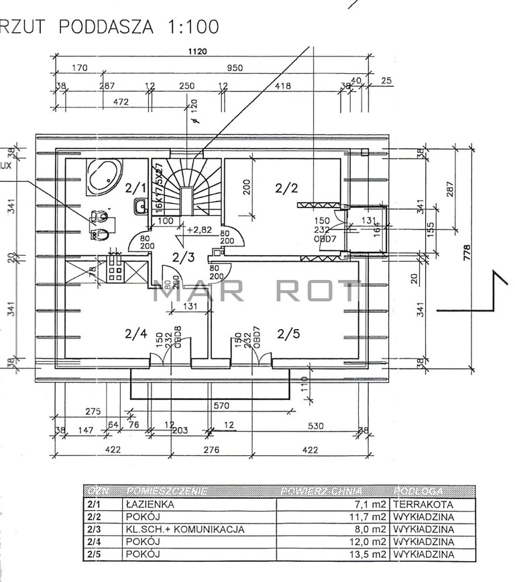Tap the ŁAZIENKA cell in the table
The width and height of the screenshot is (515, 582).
click(x=150, y=504)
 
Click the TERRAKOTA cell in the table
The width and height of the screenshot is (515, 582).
click(x=424, y=504)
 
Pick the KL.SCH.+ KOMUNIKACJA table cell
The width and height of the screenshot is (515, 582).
click(x=184, y=529)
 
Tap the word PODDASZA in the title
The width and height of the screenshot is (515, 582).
click(x=105, y=27)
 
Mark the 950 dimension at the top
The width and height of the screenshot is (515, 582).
click(x=234, y=68)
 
